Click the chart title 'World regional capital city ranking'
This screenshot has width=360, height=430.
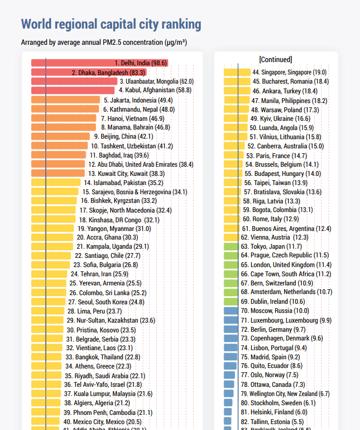(x=111, y=24)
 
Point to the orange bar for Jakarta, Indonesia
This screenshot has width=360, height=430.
(x=65, y=100)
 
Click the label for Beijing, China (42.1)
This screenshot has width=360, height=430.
(x=123, y=136)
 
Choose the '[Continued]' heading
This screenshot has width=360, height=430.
(x=275, y=59)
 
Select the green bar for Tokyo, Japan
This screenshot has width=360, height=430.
(x=231, y=246)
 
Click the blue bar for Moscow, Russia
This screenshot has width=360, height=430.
(x=231, y=311)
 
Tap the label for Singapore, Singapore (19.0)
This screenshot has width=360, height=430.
(x=289, y=72)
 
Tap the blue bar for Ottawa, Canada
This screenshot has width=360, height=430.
(x=230, y=384)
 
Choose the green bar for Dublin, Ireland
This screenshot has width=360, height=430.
(x=231, y=302)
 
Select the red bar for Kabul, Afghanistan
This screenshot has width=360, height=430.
(x=73, y=90)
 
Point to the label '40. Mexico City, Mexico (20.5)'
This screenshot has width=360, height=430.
(x=102, y=421)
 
